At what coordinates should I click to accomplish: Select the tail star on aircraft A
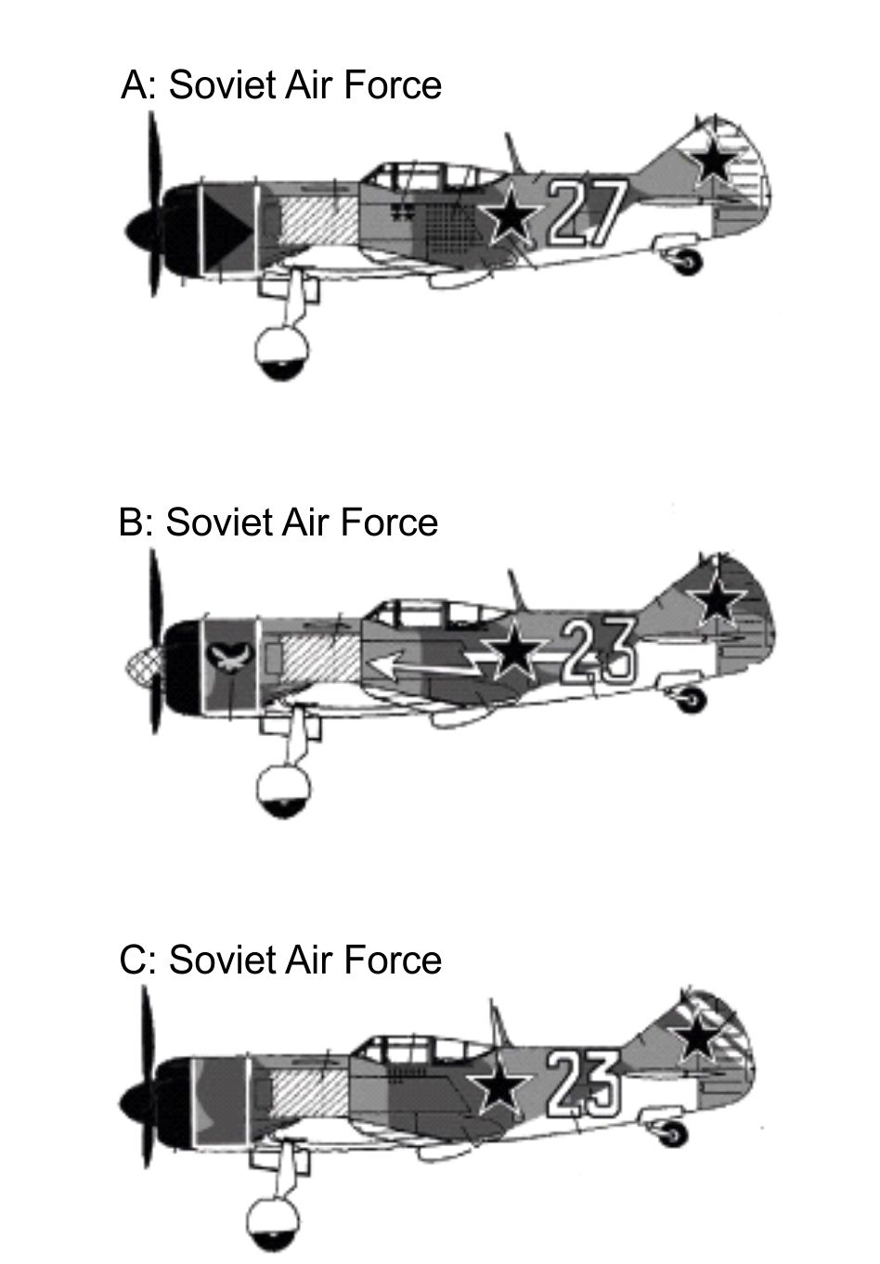[x=714, y=159]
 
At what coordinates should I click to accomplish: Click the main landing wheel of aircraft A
[x=282, y=354]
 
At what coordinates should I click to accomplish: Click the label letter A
[x=135, y=85]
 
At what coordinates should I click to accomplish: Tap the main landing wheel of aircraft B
[x=283, y=791]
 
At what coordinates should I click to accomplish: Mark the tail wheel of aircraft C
[x=676, y=1133]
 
